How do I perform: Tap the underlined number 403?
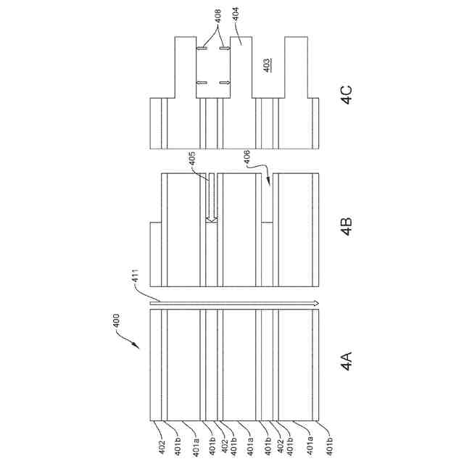coord(268,64)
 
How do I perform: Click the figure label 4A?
coord(346,360)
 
